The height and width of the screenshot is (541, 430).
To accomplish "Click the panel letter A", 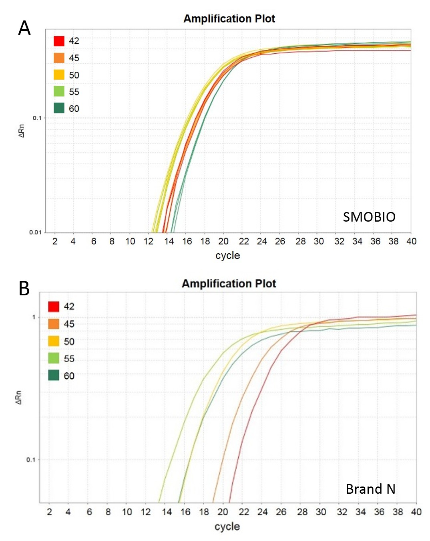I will coord(24,28).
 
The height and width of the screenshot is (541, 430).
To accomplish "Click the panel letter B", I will coord(24,288).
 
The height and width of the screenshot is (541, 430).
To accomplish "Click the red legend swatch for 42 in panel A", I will coord(59,41).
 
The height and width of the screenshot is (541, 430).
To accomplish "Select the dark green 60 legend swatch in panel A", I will coord(59,108).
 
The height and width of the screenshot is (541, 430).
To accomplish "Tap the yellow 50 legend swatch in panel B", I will coord(54,341).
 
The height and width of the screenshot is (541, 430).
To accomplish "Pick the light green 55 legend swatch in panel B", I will coord(54,358).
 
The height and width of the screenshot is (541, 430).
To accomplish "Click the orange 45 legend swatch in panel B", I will coord(54,324).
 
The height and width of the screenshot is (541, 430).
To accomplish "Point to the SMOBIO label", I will coord(369,217).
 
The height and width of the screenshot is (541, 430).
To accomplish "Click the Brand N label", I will coord(370,489).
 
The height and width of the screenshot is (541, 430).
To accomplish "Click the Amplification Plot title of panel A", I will coord(229,19).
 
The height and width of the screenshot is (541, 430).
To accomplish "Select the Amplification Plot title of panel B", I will coord(229,284).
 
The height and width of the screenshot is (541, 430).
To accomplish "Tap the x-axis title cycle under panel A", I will coord(227,255).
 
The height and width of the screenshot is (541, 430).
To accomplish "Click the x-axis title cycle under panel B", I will coord(227,526).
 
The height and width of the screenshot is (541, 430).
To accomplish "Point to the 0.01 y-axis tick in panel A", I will coord(35,232).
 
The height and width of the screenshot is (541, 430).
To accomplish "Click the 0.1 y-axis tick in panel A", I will coord(37,118).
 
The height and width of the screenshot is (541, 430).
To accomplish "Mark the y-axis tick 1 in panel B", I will coord(34,317).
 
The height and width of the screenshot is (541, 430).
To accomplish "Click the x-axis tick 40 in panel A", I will coord(411,241).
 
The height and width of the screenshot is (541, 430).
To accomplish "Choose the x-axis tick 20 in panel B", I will coord(223,512).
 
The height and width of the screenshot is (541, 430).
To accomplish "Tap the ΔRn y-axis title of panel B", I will coord(18,397).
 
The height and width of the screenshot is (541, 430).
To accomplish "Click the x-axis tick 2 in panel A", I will coord(55,241).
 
